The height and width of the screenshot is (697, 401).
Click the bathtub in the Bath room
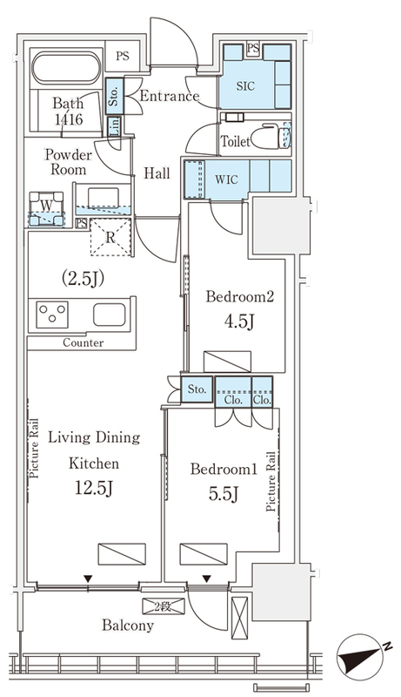point(65,68)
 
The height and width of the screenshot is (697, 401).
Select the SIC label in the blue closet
point(245,85)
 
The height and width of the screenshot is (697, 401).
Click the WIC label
point(226,179)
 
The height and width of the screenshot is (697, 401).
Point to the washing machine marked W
point(47,209)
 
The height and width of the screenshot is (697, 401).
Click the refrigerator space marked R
point(110,237)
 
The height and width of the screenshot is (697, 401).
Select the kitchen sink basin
point(109,315)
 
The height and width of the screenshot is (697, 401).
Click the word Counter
point(84,342)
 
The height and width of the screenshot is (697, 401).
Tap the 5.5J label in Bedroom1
point(224,493)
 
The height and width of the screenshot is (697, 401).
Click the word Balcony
point(128,626)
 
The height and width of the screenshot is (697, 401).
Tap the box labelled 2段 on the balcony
point(164,606)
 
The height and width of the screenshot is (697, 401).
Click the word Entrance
point(169,96)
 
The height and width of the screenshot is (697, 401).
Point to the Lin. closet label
point(114,125)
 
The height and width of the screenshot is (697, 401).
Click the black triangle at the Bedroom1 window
point(207,579)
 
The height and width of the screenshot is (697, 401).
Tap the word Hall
point(157,173)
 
